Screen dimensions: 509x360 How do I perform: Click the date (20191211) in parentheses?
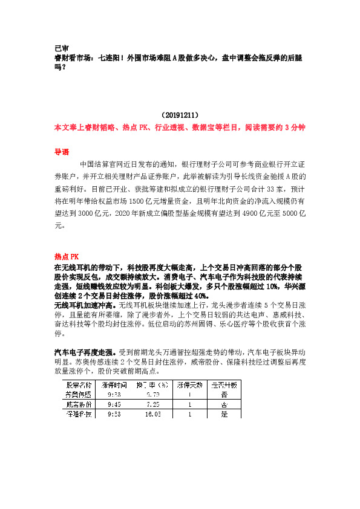[180, 114]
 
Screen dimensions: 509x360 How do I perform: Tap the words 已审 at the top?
[61, 48]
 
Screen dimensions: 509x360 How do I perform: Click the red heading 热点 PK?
[67, 256]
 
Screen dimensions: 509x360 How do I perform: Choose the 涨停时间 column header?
[114, 384]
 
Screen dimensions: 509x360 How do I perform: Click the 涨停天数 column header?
[190, 384]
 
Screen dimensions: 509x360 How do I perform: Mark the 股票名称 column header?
[79, 384]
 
